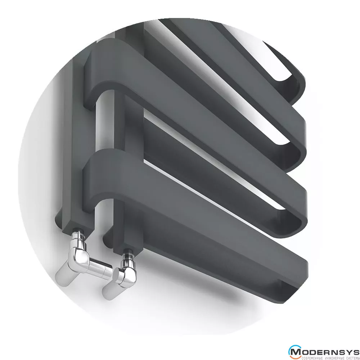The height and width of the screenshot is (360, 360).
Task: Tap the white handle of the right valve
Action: pyautogui.click(x=110, y=291)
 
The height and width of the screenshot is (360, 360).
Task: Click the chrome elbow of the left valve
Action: pyautogui.click(x=81, y=255)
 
